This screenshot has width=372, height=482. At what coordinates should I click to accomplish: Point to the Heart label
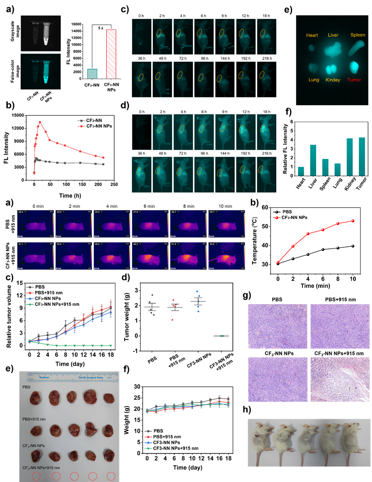tap(312, 35)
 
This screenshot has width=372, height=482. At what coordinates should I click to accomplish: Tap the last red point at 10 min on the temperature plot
tap(353, 221)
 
